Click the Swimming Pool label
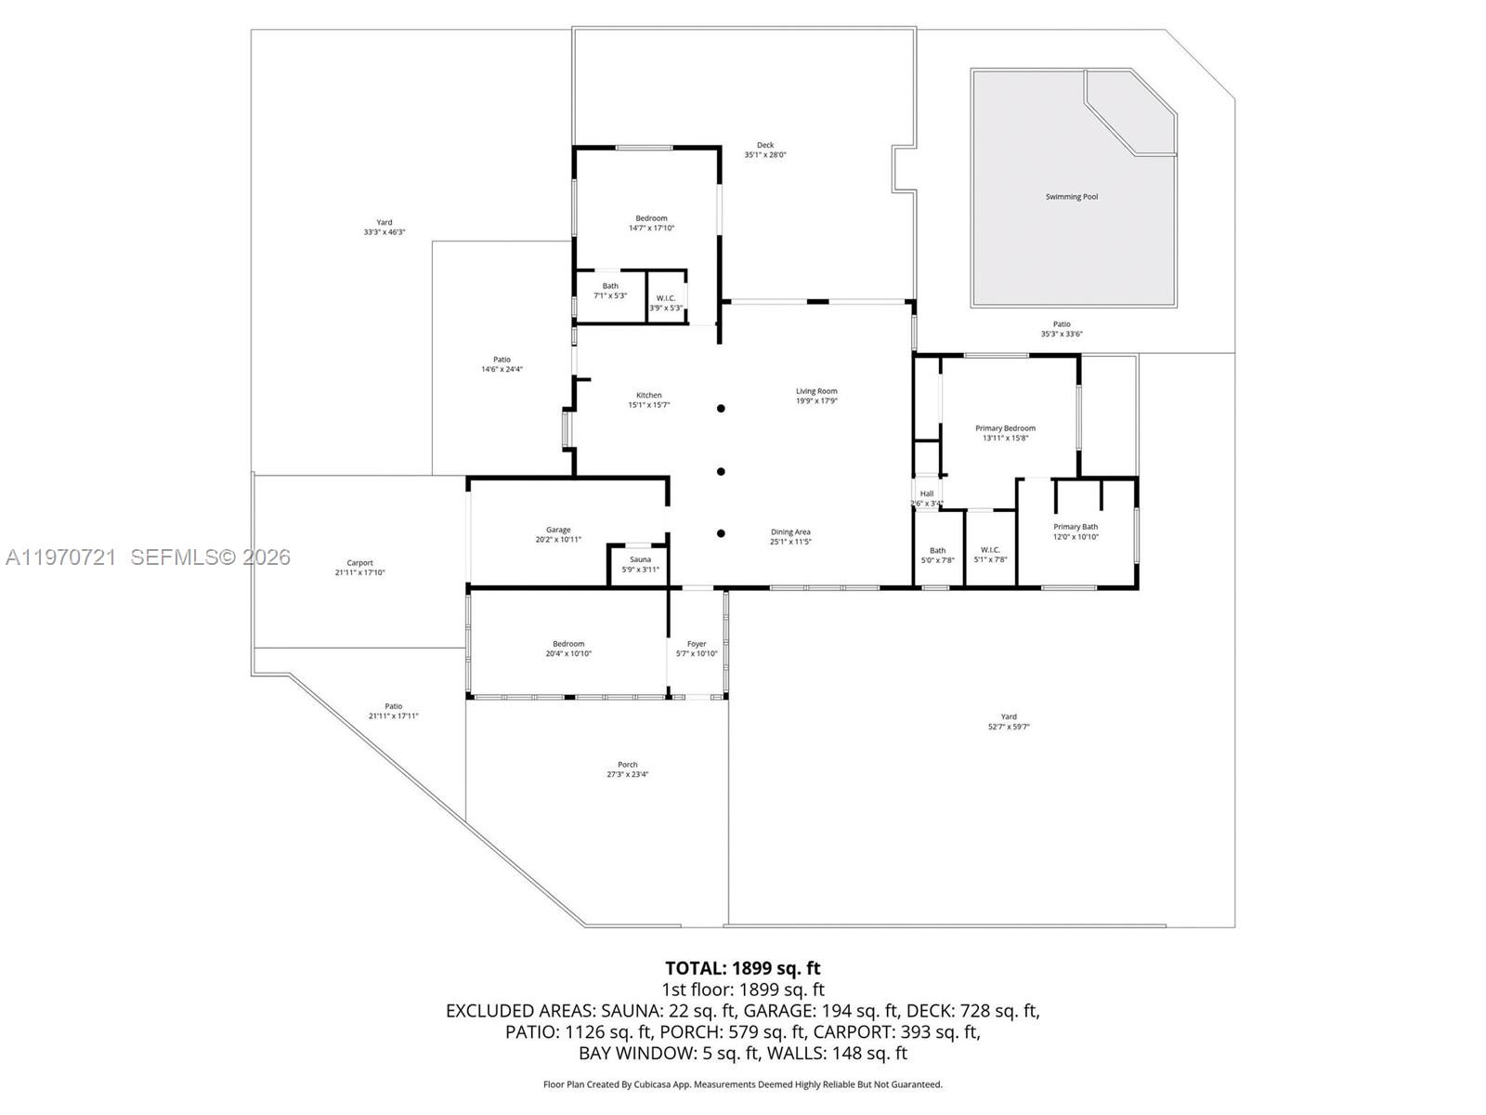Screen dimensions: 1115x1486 [1071, 197]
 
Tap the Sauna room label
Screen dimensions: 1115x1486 [640, 559]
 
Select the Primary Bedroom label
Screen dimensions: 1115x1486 [1005, 428]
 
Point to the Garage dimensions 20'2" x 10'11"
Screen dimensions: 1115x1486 [558, 540]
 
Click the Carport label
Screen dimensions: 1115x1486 [359, 563]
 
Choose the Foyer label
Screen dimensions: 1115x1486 [697, 644]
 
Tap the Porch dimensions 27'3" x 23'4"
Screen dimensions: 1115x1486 [628, 774]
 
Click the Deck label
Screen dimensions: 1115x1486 [764, 145]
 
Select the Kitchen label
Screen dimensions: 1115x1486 [648, 395]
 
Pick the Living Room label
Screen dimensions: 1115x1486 [816, 391]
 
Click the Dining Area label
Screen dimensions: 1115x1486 [790, 532]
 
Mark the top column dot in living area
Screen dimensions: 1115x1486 [721, 408]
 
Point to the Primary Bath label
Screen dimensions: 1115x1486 [1075, 527]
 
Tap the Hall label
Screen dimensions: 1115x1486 [927, 493]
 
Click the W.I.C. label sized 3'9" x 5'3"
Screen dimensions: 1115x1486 [666, 298]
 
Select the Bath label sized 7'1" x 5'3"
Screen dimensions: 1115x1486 [610, 286]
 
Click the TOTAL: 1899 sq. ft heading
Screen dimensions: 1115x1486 [742, 968]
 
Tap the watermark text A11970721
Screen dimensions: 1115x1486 [61, 557]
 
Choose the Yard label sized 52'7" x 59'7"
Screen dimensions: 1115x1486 [1009, 716]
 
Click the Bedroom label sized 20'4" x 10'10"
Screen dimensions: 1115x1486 [568, 644]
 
